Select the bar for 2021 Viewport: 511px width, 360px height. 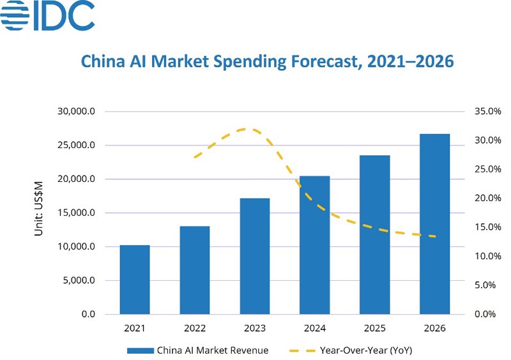tap(135, 280)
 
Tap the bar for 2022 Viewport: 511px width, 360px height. tap(195, 270)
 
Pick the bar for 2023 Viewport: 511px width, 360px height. tap(255, 256)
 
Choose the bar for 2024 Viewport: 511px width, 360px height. tap(315, 245)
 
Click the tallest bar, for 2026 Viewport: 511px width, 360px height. tap(435, 224)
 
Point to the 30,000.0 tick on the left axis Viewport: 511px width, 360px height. tap(77, 112)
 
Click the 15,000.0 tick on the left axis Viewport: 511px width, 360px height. tap(77, 213)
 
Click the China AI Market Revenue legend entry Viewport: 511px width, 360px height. tap(198, 350)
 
